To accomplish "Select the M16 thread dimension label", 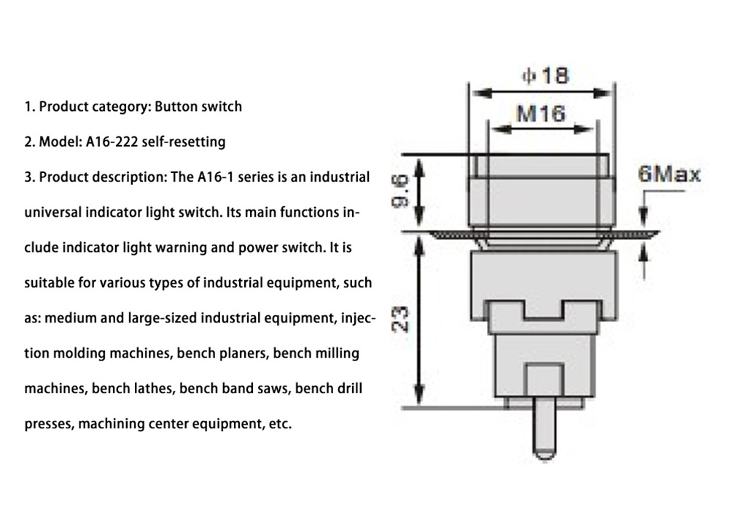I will point(540,114).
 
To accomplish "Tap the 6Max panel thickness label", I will point(668,174).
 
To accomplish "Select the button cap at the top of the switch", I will point(540,166).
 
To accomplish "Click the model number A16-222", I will point(114,142).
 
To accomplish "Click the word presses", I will point(47,424).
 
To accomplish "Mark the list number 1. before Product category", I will point(30,107).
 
